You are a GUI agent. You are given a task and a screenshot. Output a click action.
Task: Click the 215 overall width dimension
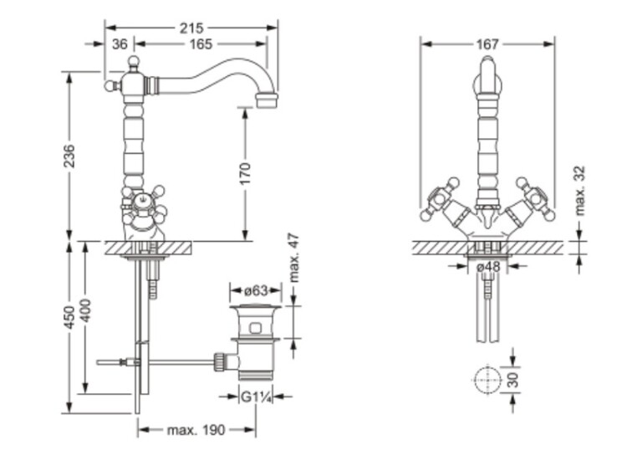click(x=191, y=28)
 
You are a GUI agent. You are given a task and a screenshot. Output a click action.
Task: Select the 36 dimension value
click(x=120, y=44)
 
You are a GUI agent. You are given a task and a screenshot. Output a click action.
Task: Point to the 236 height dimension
click(x=69, y=156)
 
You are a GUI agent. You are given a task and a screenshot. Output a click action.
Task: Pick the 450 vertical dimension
click(x=69, y=317)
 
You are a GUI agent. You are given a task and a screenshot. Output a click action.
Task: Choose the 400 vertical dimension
click(x=87, y=311)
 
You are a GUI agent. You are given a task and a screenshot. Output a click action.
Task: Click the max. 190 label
click(x=196, y=430)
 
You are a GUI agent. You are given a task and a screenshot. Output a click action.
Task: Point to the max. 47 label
click(x=293, y=259)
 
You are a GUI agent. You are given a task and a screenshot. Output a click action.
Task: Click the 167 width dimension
click(x=487, y=44)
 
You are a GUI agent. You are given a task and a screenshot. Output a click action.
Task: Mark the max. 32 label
click(x=580, y=191)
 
